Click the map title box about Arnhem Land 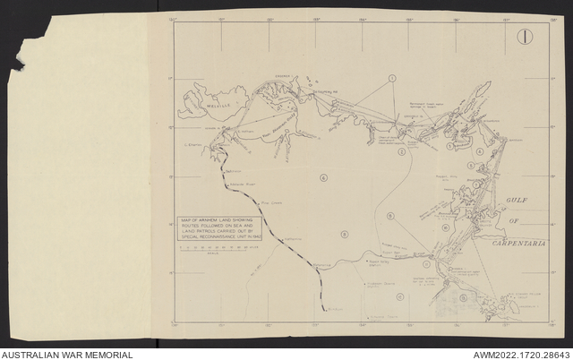[218, 227]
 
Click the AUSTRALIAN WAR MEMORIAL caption [67, 355]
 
